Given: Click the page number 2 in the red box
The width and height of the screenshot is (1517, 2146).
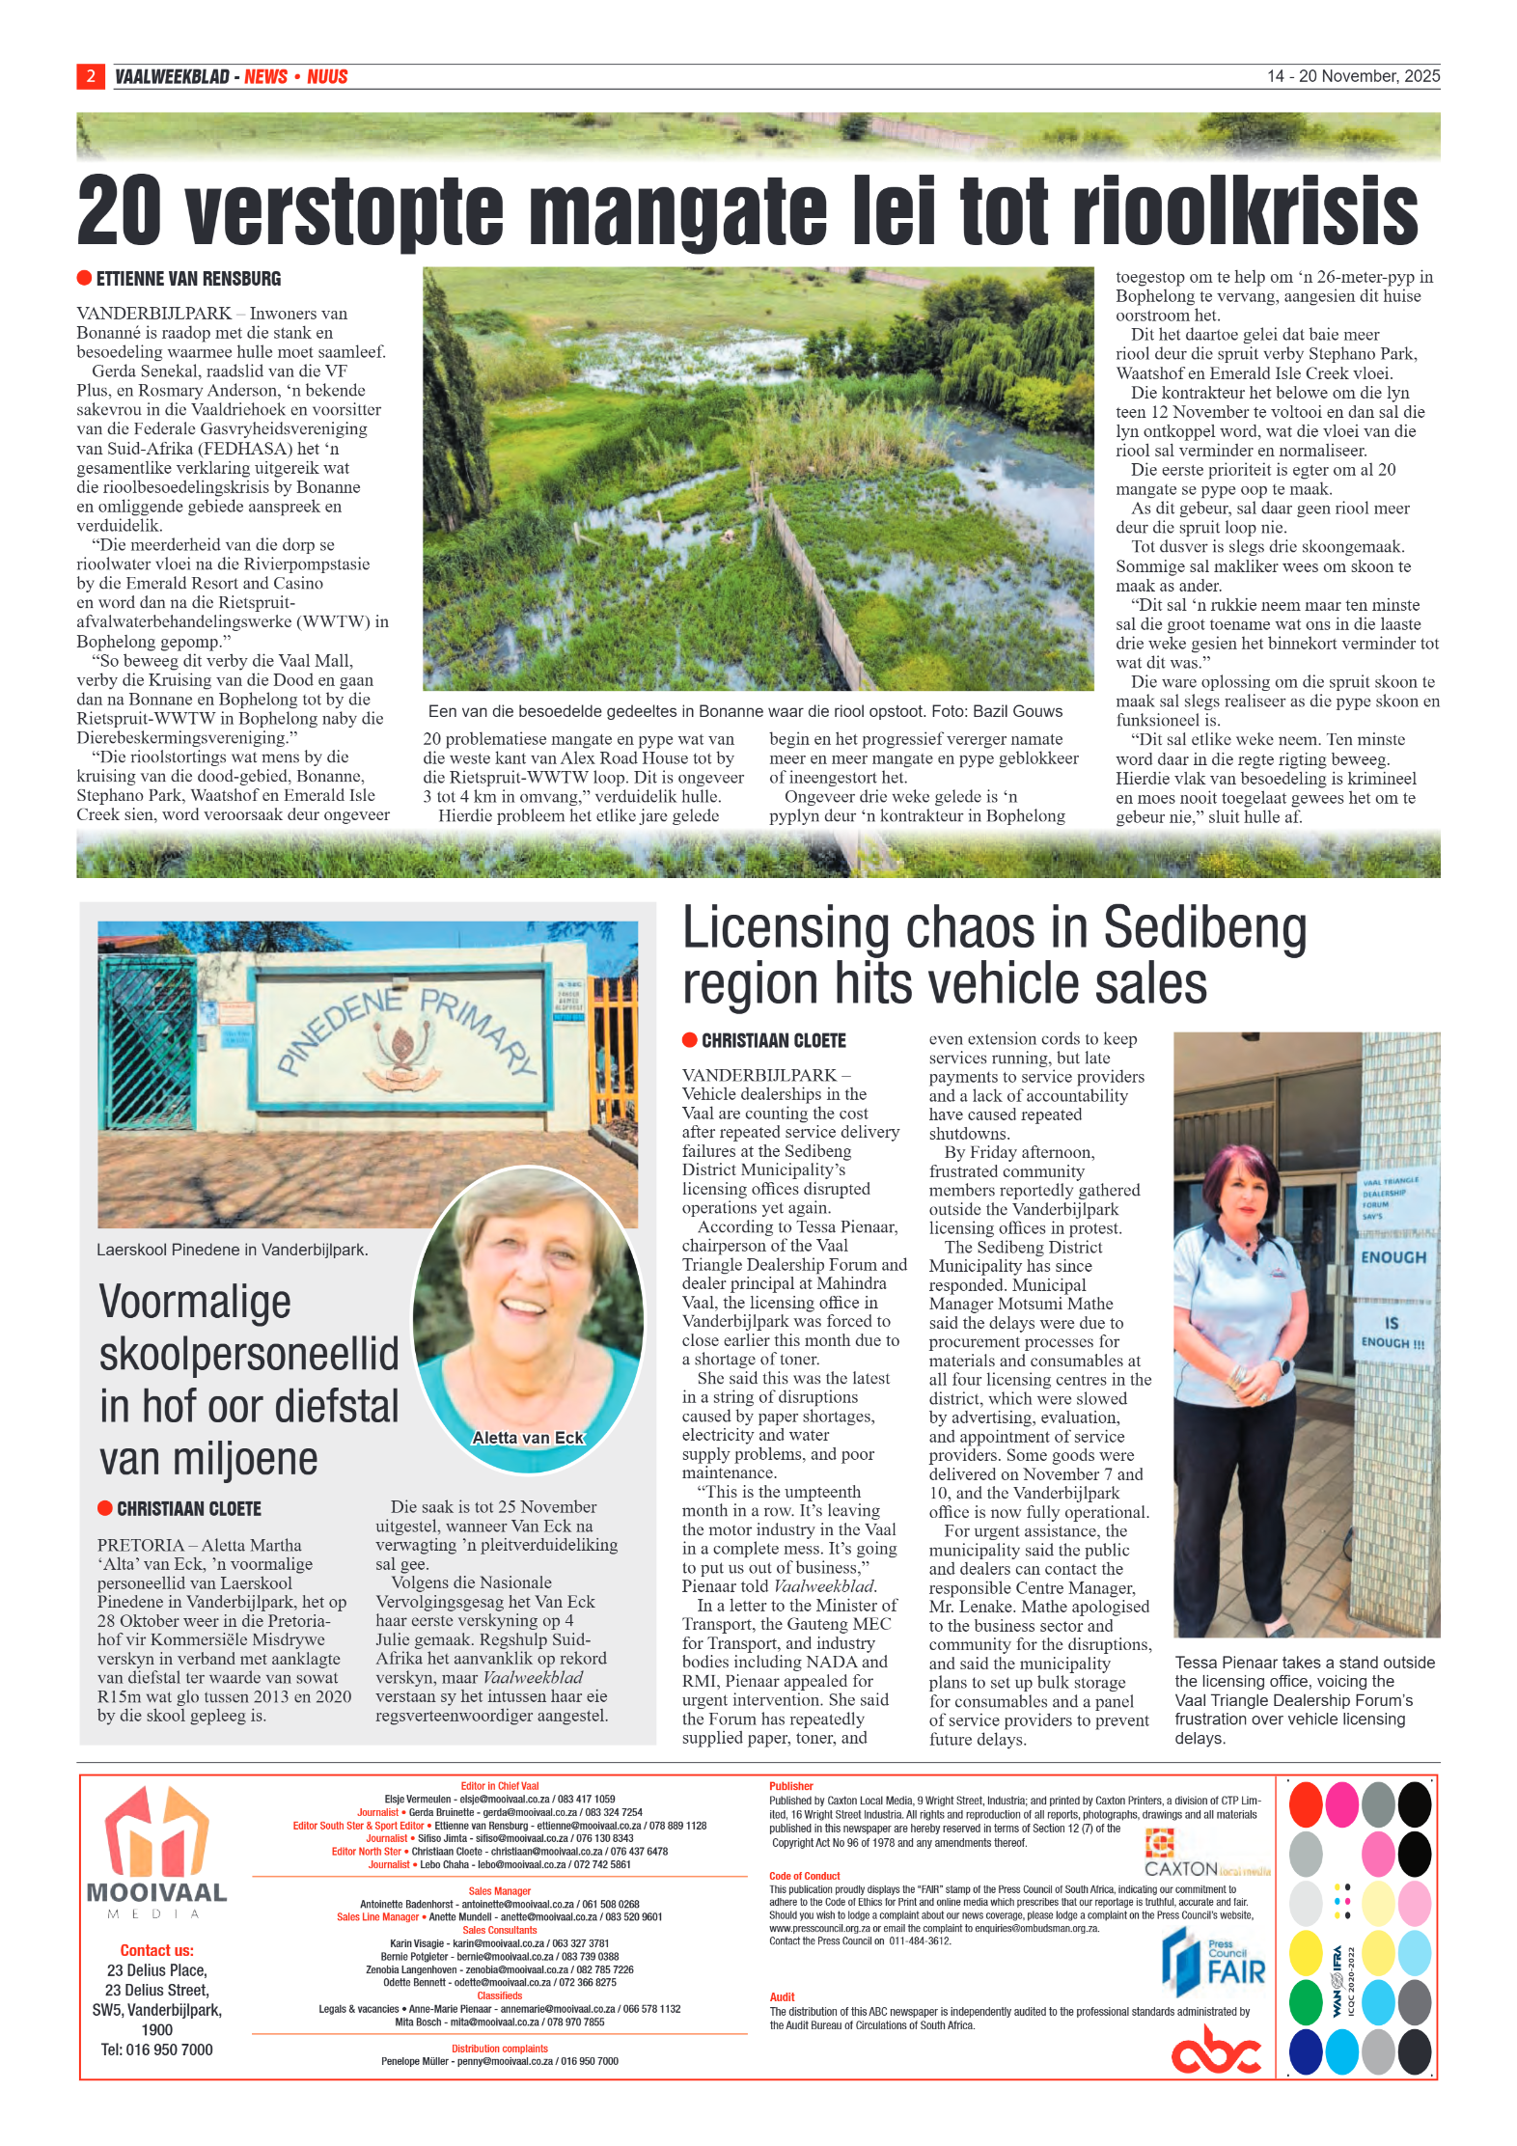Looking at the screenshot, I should (91, 76).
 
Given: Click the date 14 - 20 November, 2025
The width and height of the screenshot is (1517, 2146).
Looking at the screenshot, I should (1352, 76).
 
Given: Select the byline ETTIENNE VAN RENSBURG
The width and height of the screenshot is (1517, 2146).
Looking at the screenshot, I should (188, 279).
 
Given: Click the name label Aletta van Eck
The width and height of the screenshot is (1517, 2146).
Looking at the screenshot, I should (528, 1438).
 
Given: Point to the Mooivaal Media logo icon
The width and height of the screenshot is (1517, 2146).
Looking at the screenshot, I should (156, 1832).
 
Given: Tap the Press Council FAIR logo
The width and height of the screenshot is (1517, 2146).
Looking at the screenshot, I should (1213, 1965).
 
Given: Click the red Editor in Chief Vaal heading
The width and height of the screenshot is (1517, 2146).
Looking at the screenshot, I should (499, 1786).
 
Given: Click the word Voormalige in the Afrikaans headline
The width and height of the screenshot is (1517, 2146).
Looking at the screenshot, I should (195, 1302).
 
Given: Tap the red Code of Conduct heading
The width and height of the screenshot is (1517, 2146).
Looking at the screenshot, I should (804, 1876).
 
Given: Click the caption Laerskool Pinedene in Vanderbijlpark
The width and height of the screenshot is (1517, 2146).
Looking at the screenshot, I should (232, 1250).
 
